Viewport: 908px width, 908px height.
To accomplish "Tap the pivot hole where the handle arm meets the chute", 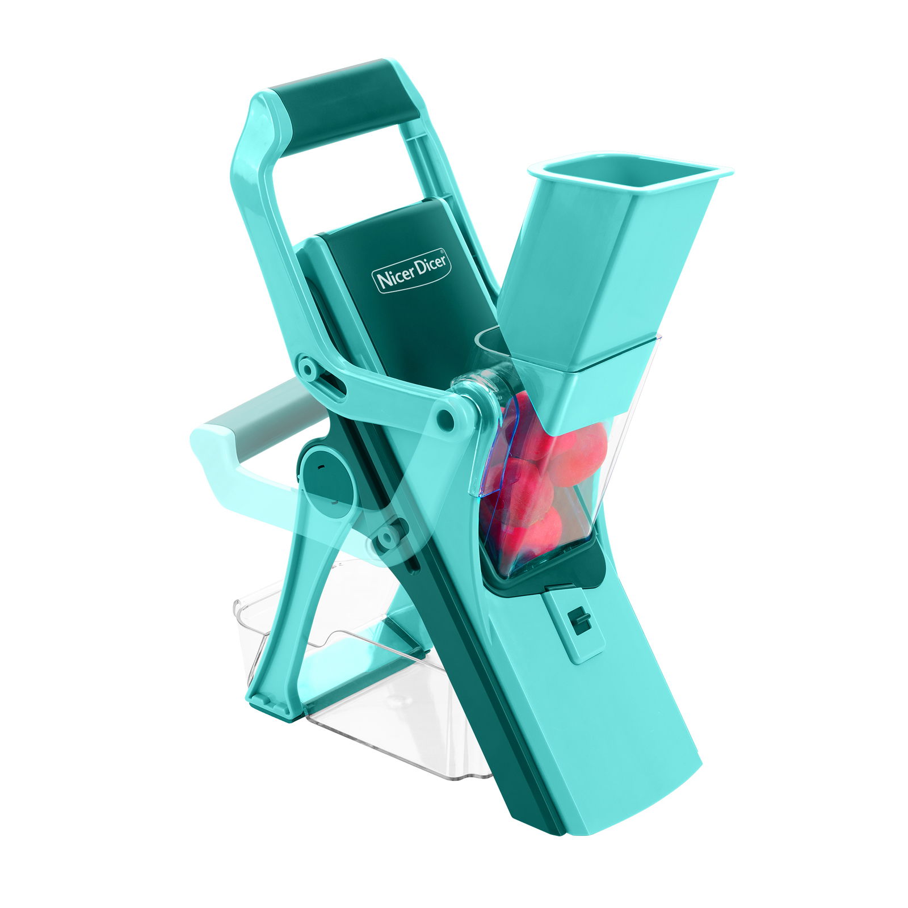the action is pyautogui.click(x=445, y=419).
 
